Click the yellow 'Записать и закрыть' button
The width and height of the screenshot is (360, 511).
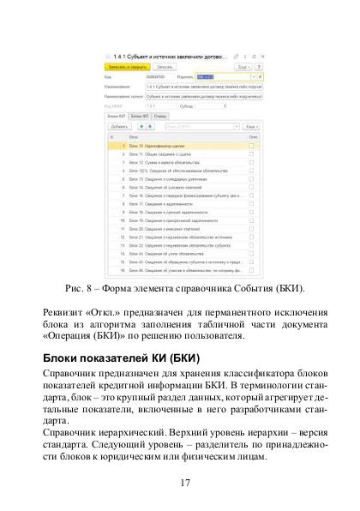point(128,66)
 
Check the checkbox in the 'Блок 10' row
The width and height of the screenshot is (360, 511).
point(251,147)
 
